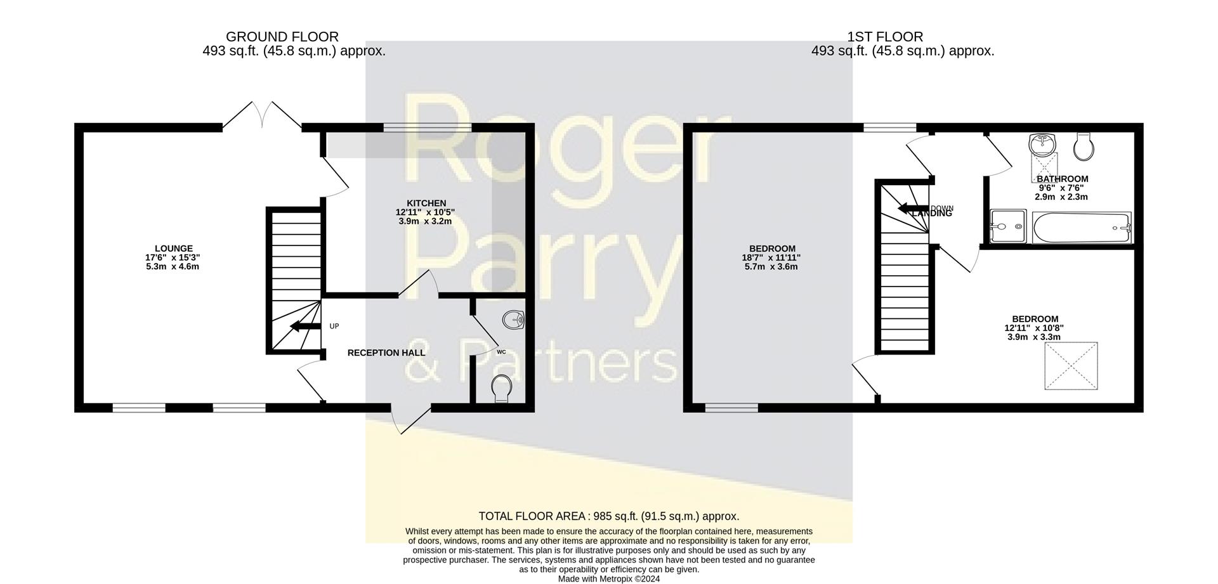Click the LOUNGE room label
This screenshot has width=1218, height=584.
(x=173, y=249)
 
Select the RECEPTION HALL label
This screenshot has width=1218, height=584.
(x=386, y=353)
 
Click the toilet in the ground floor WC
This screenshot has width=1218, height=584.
(x=502, y=388)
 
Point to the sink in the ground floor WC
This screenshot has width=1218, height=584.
(x=513, y=320)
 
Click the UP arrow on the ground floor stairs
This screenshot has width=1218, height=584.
(x=304, y=327)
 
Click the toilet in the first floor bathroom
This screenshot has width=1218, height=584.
(x=1084, y=147)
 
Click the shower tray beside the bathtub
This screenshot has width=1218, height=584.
(x=1007, y=226)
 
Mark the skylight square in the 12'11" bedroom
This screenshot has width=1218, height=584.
(x=1071, y=366)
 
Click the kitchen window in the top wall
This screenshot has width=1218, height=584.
(x=427, y=127)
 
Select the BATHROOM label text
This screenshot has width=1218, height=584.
(x=1063, y=179)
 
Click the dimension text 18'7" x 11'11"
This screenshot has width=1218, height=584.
(x=771, y=257)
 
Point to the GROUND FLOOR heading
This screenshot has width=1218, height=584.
(x=282, y=37)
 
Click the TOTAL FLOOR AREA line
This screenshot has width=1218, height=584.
(x=608, y=516)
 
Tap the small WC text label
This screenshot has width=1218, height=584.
(x=501, y=352)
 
